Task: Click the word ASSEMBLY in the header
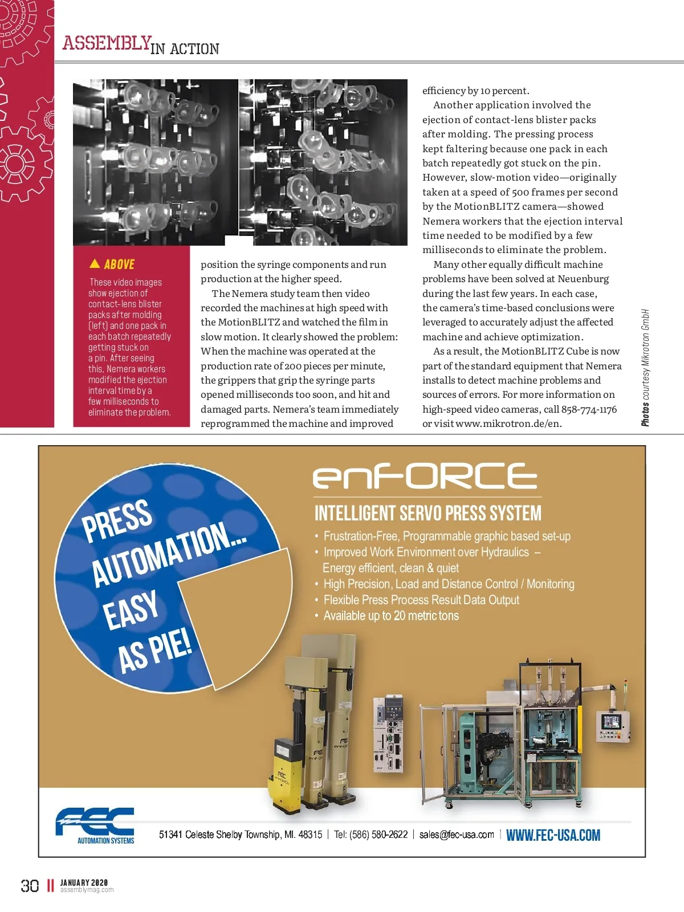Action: pyautogui.click(x=107, y=43)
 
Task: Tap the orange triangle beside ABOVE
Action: pyautogui.click(x=95, y=263)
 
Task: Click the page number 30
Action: pyautogui.click(x=30, y=885)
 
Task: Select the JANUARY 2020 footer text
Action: pyautogui.click(x=84, y=882)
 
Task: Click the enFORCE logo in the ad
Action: pyautogui.click(x=425, y=476)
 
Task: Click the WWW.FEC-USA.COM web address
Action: pyautogui.click(x=553, y=836)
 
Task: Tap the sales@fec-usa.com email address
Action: pyautogui.click(x=457, y=834)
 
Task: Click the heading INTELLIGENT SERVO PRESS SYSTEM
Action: pyautogui.click(x=427, y=513)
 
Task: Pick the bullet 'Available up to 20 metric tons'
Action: pyautogui.click(x=391, y=616)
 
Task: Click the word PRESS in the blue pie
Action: pyautogui.click(x=117, y=519)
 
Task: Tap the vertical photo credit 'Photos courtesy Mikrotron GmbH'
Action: pyautogui.click(x=645, y=368)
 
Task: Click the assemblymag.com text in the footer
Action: pyautogui.click(x=87, y=890)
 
